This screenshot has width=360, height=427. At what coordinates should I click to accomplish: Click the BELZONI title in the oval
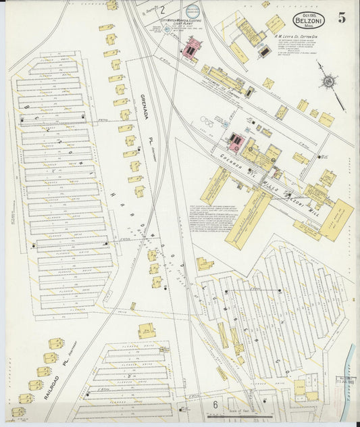[307, 20]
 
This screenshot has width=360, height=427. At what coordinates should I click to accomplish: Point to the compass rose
[328, 81]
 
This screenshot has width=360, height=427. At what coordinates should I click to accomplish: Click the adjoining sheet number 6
[215, 404]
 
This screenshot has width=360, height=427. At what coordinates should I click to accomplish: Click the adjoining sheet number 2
[162, 10]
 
